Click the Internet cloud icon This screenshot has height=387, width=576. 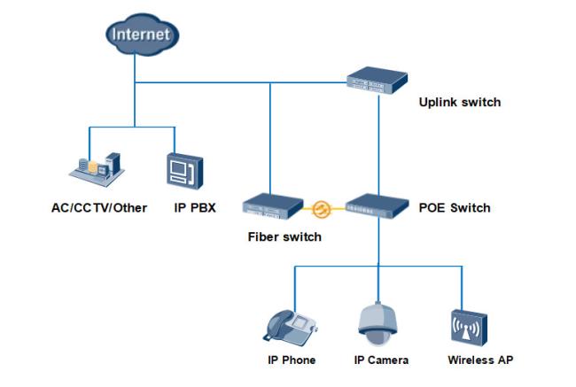click(142, 35)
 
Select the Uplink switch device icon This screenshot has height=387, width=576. click(377, 81)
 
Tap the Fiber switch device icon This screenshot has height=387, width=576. click(273, 206)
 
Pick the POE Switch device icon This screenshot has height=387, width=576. click(377, 205)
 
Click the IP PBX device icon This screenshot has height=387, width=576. click(185, 171)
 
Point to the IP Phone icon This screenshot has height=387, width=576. click(290, 326)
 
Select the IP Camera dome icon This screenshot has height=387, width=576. click(378, 324)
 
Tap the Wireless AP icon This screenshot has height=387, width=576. click(469, 328)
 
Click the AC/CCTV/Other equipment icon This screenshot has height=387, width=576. click(97, 169)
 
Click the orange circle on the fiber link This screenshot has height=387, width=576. click(322, 209)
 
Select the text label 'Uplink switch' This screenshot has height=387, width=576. click(460, 102)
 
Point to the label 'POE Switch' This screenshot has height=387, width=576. click(455, 208)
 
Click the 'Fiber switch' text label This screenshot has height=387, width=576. click(284, 236)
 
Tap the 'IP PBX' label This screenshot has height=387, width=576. click(195, 208)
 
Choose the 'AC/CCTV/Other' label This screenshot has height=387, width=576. click(99, 208)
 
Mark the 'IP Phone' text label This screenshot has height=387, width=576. click(292, 360)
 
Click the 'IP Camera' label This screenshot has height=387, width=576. click(381, 360)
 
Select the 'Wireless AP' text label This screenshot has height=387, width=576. click(480, 360)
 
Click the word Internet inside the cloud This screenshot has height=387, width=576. click(141, 35)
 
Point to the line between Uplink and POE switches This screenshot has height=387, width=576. click(378, 145)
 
